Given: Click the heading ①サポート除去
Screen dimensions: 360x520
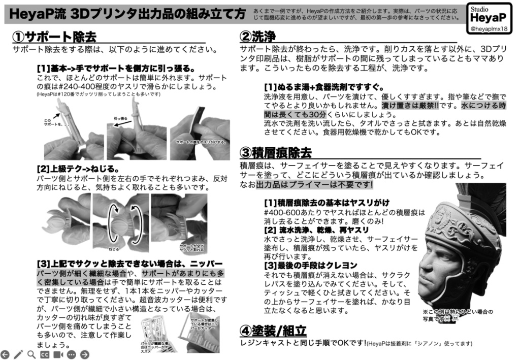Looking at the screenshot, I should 54,37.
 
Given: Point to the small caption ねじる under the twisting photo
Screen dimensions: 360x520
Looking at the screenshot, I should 114,249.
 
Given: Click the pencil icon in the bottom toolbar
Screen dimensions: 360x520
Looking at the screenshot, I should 18,354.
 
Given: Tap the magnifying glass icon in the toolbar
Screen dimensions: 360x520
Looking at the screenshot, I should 31,354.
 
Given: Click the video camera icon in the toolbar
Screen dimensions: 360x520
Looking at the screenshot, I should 58,354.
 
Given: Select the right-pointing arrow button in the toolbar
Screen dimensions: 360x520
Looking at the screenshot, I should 84,354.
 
